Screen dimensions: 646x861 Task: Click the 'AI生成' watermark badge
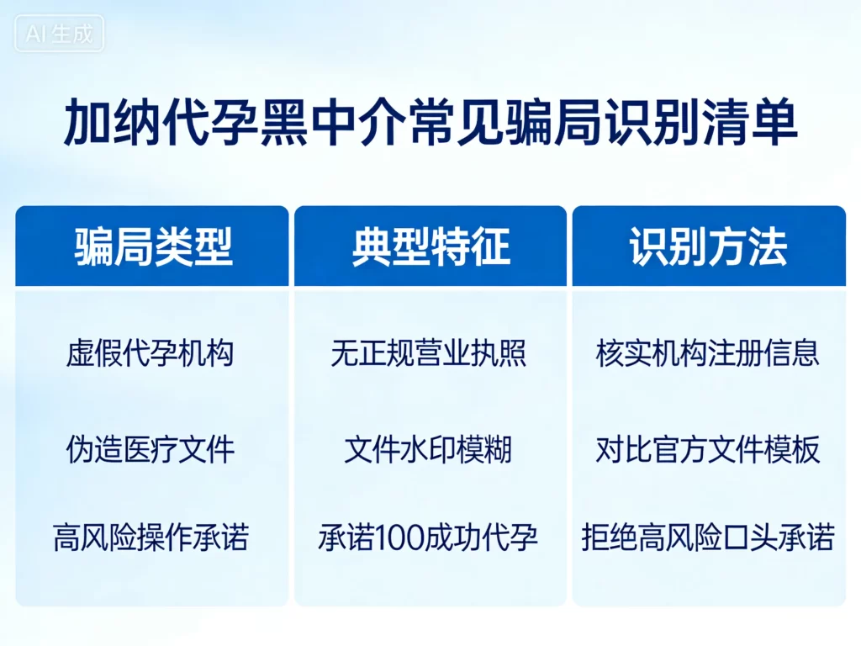[60, 34]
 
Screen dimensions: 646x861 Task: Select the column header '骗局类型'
[153, 247]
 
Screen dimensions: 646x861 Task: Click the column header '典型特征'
[430, 247]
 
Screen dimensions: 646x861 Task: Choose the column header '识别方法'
[709, 247]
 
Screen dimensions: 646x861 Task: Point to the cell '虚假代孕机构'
[150, 354]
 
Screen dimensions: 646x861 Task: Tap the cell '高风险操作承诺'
[151, 537]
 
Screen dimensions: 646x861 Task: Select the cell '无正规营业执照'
[429, 354]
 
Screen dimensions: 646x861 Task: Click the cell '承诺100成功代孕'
[428, 537]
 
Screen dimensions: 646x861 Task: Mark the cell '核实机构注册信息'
[707, 354]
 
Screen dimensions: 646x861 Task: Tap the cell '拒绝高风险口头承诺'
[707, 537]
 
